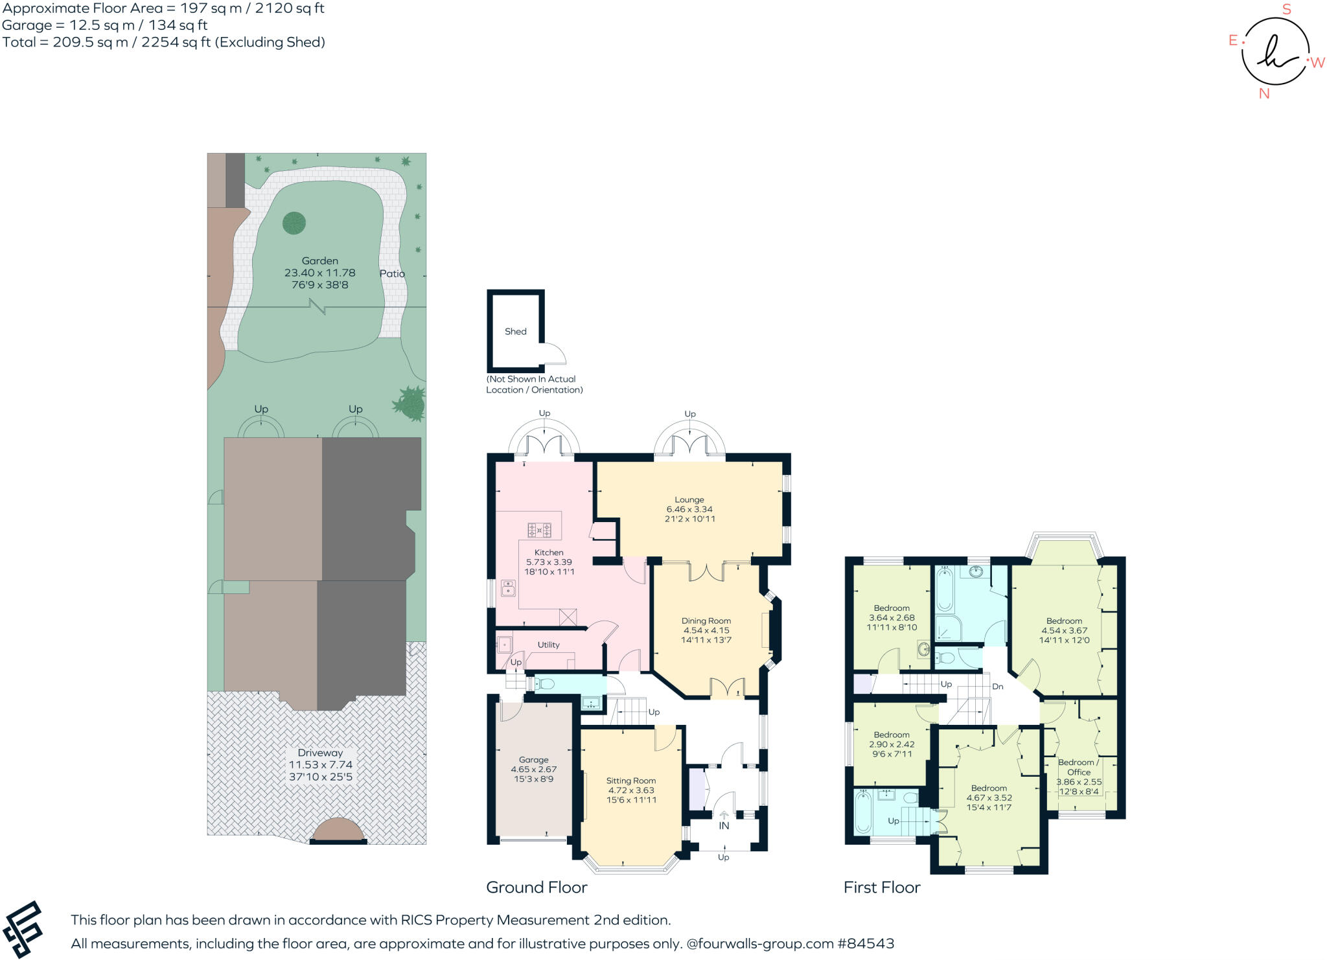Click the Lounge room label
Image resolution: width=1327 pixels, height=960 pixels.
(x=689, y=499)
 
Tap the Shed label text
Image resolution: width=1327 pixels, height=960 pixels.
(x=515, y=331)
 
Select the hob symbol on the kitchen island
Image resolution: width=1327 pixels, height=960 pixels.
(x=539, y=531)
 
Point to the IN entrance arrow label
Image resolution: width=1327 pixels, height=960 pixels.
(x=724, y=825)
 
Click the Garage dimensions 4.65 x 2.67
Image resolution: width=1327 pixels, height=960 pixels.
(x=533, y=769)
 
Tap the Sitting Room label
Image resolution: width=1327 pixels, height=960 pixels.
(x=630, y=781)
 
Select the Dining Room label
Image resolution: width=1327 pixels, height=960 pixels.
(x=706, y=621)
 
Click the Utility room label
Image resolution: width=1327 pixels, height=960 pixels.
(x=548, y=645)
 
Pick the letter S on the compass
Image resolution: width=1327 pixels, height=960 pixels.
(x=1286, y=9)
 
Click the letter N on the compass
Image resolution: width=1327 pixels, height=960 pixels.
(x=1264, y=94)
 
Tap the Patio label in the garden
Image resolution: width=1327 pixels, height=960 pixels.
(x=392, y=273)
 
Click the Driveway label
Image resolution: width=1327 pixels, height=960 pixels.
(x=320, y=753)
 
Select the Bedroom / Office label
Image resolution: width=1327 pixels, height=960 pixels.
(x=1078, y=767)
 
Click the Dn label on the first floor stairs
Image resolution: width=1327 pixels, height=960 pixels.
(x=997, y=686)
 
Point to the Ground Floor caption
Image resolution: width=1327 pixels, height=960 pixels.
(x=537, y=887)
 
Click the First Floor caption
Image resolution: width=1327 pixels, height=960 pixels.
(x=881, y=887)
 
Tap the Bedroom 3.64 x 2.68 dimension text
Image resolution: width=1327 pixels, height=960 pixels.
(x=892, y=617)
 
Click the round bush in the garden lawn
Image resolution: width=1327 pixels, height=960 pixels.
(x=294, y=223)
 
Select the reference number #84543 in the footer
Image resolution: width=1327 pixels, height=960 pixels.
(x=866, y=943)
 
